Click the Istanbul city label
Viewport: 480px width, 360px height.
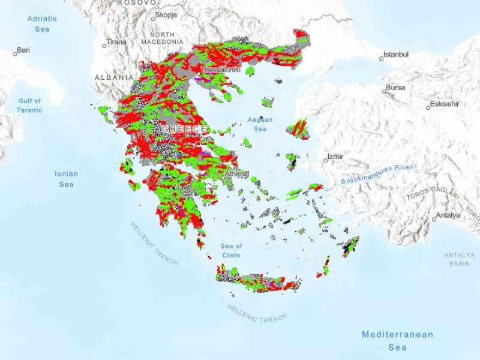point(397,55)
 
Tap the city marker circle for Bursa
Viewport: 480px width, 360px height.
point(385,92)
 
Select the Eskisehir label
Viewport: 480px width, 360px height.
point(446,104)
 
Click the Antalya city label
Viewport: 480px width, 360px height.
point(448,215)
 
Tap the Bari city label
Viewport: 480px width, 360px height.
point(23,50)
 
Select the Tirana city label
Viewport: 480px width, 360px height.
point(116,43)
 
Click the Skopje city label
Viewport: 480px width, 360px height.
point(166,15)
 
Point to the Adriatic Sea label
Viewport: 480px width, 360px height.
point(42,23)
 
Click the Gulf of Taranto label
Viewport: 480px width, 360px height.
point(29,106)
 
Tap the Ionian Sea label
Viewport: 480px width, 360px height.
point(66,179)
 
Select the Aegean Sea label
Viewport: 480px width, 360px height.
point(260,124)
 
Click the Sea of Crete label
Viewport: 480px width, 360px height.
point(231,251)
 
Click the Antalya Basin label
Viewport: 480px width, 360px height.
point(459,259)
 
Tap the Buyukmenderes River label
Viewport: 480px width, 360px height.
point(377,174)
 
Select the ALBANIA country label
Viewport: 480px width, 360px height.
point(114,77)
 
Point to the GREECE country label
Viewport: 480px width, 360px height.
point(184,130)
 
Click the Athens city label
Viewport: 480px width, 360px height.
point(236,174)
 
